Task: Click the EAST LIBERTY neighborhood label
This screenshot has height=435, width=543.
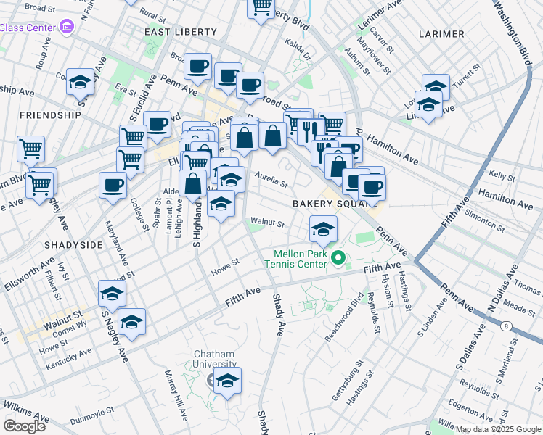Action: coord(181,32)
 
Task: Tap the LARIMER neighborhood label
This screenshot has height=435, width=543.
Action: coord(441,34)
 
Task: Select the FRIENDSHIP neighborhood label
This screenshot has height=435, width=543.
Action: coord(50,115)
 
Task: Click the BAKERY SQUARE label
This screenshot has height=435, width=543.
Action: coord(326,204)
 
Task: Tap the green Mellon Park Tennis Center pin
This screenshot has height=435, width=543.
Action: coord(338,257)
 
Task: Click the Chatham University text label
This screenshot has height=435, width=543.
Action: coord(214,359)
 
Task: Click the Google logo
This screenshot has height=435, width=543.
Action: coord(25,426)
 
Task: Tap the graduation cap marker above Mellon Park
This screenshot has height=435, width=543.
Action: coord(324,231)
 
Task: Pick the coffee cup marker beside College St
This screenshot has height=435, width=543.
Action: coord(113,186)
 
